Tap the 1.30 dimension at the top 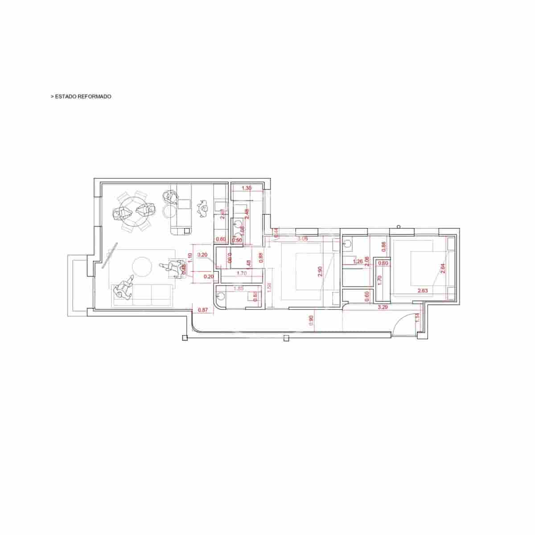[246, 188]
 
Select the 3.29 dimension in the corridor [382, 307]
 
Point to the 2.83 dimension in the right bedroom [423, 291]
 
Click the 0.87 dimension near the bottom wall [202, 310]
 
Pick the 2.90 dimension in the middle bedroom [320, 272]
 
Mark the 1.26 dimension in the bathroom [357, 262]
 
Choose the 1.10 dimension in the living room [190, 257]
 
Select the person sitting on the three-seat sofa [123, 288]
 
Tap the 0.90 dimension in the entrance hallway [311, 320]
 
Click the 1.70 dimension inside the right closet [379, 280]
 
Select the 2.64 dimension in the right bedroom [442, 268]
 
